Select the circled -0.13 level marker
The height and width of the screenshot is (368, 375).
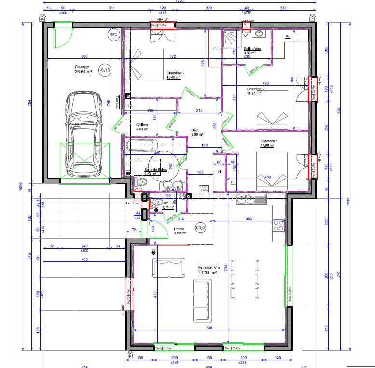tap(104, 70)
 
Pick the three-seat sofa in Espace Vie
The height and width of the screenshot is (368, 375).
tap(202, 301)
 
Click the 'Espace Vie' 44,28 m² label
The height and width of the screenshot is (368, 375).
tap(207, 270)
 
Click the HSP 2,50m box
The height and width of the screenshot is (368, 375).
tap(204, 189)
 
